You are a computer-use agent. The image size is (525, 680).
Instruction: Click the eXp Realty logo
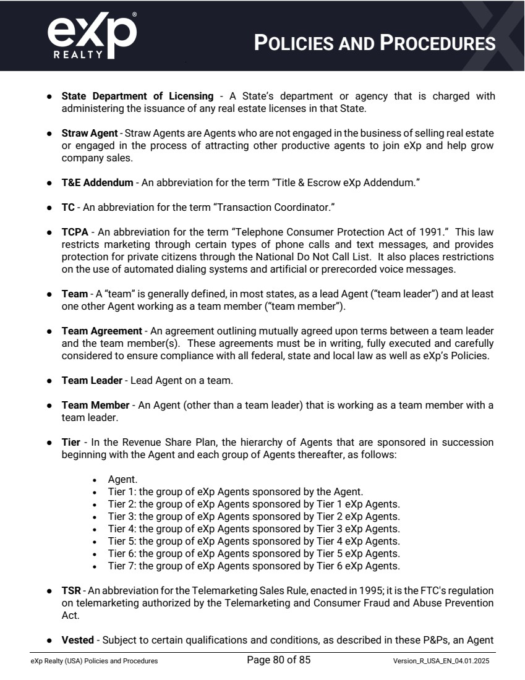coord(92,36)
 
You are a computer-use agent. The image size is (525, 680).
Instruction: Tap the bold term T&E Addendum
coord(97,182)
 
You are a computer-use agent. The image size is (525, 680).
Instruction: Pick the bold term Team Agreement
coord(101,331)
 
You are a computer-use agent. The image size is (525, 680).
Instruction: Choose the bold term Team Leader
coord(92,380)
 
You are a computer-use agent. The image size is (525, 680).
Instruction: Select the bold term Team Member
coord(95,405)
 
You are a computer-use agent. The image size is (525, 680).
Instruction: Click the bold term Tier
coord(70,442)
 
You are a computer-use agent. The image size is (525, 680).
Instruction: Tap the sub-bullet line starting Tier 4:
coord(254,529)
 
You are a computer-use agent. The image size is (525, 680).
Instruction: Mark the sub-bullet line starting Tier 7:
coord(254,566)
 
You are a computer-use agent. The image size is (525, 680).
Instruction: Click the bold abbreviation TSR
coord(71,590)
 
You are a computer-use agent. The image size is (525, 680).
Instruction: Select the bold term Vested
coord(77,640)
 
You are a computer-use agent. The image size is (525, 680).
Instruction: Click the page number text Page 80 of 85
coord(278,660)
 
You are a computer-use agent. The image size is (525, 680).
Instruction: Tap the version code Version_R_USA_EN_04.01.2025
coord(441,661)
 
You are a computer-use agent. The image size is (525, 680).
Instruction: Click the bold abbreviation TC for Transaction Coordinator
coord(68,207)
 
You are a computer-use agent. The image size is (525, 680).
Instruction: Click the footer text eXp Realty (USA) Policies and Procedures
coord(94,661)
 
